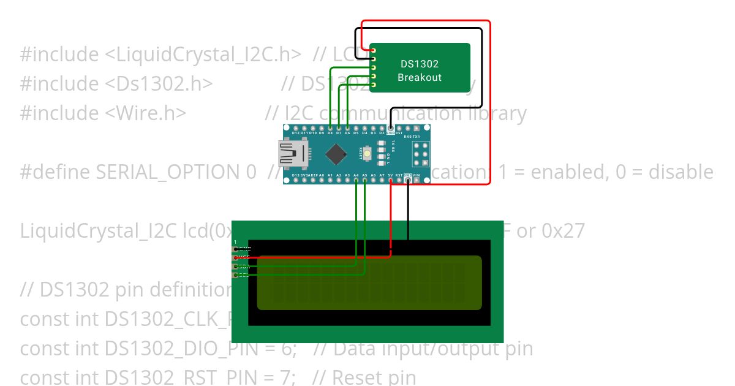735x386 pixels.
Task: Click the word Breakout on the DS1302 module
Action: [x=420, y=78]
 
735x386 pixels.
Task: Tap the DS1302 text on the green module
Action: [x=420, y=64]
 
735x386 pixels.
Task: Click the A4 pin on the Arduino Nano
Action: [x=356, y=180]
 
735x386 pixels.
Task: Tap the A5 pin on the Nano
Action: [x=364, y=180]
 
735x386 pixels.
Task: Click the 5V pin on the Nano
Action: [x=390, y=180]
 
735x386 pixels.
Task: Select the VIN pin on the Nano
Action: [x=417, y=180]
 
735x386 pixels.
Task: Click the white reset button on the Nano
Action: [x=367, y=154]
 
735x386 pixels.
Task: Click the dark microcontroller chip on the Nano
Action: [x=335, y=154]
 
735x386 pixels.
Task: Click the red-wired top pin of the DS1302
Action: [x=372, y=50]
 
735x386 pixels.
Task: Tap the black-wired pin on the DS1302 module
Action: [x=372, y=59]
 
